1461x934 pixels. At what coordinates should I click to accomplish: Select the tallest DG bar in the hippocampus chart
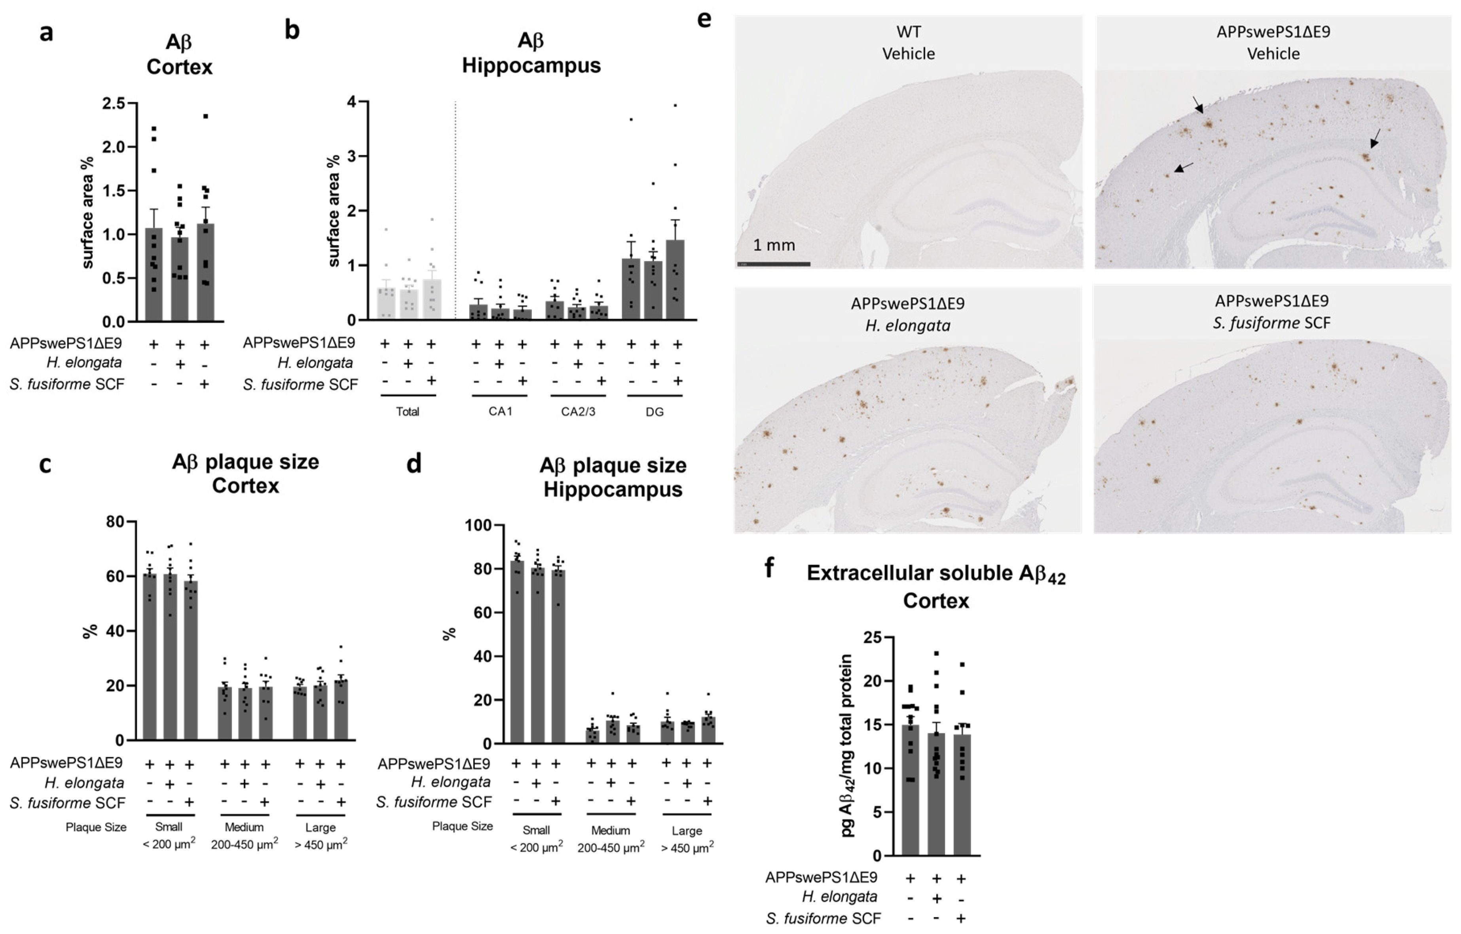(675, 280)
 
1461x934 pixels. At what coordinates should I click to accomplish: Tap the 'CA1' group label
(500, 412)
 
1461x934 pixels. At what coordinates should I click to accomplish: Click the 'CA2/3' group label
(578, 412)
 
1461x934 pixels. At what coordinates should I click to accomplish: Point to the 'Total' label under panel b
(407, 412)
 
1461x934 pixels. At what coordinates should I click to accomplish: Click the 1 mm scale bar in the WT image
(774, 264)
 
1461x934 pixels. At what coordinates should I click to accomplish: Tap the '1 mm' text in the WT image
(774, 245)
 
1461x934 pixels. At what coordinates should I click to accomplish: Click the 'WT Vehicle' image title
(908, 42)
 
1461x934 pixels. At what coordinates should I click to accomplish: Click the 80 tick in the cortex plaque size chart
(115, 522)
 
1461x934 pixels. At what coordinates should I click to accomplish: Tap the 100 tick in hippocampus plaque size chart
(478, 525)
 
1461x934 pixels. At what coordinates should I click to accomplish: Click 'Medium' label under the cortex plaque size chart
(244, 827)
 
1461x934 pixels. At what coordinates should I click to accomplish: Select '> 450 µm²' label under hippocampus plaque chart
(687, 848)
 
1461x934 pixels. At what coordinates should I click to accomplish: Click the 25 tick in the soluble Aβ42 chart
(873, 637)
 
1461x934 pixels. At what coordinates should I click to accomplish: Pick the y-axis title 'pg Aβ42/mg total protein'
(847, 746)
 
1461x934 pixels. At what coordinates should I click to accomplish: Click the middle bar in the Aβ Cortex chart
(180, 279)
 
